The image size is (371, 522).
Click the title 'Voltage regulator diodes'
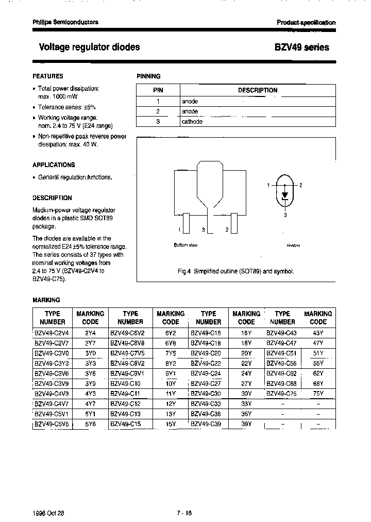click(89, 47)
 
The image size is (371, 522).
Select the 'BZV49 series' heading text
click(301, 47)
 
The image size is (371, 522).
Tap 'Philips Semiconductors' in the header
click(65, 22)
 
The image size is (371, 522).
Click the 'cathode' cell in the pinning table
click(192, 122)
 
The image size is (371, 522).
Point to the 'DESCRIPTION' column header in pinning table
click(257, 90)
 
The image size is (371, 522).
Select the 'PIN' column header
click(158, 90)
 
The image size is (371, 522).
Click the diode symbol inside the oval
click(284, 188)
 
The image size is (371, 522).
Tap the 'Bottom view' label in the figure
click(185, 245)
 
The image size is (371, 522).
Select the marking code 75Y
click(318, 393)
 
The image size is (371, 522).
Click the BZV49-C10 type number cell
click(125, 383)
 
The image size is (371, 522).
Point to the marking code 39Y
click(246, 423)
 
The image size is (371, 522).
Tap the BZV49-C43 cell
click(282, 333)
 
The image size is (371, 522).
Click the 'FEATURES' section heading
click(48, 76)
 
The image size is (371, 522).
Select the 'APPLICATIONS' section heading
click(54, 165)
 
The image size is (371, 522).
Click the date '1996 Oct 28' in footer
click(48, 499)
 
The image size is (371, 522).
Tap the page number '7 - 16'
click(184, 499)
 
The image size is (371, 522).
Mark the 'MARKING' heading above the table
click(46, 300)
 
